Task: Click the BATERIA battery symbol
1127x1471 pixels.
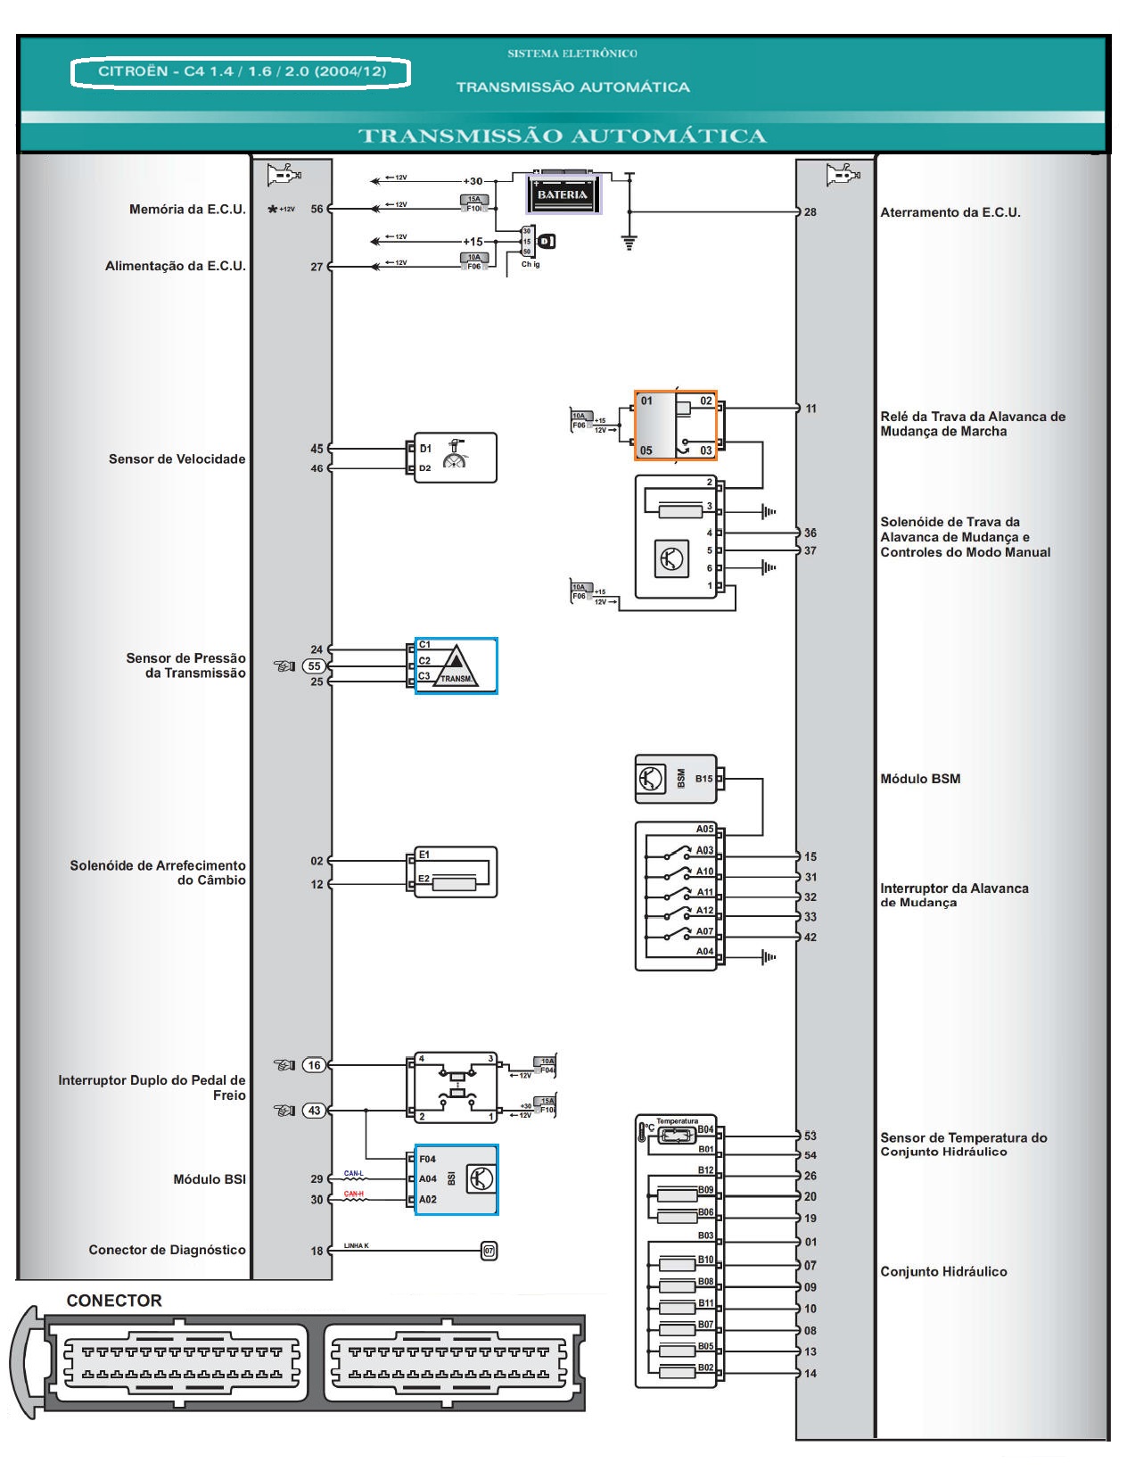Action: pos(562,194)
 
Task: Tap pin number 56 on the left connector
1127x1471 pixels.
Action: pos(317,209)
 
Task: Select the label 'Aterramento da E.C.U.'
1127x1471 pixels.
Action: pos(950,212)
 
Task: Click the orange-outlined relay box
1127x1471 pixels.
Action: pos(675,425)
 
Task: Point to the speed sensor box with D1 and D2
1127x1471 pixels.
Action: pos(455,458)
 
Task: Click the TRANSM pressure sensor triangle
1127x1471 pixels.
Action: pos(457,665)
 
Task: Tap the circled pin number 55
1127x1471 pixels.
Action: pos(315,665)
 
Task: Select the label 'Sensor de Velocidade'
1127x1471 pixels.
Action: pos(177,459)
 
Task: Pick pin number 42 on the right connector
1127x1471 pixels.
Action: pos(810,937)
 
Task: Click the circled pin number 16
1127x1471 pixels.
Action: pos(314,1064)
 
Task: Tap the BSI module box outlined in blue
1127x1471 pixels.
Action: pos(457,1178)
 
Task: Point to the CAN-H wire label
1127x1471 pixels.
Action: pos(354,1194)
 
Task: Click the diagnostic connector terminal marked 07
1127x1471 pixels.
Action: pos(489,1251)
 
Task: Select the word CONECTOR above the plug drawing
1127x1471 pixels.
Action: pos(114,1301)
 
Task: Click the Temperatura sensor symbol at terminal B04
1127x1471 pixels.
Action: pos(676,1135)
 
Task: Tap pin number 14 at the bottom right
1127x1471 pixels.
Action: pos(810,1373)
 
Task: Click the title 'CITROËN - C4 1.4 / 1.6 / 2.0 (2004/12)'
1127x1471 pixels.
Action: pos(242,71)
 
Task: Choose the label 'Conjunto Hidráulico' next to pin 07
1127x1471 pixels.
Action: pos(943,1271)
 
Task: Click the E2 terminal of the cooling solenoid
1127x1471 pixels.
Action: pos(424,879)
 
